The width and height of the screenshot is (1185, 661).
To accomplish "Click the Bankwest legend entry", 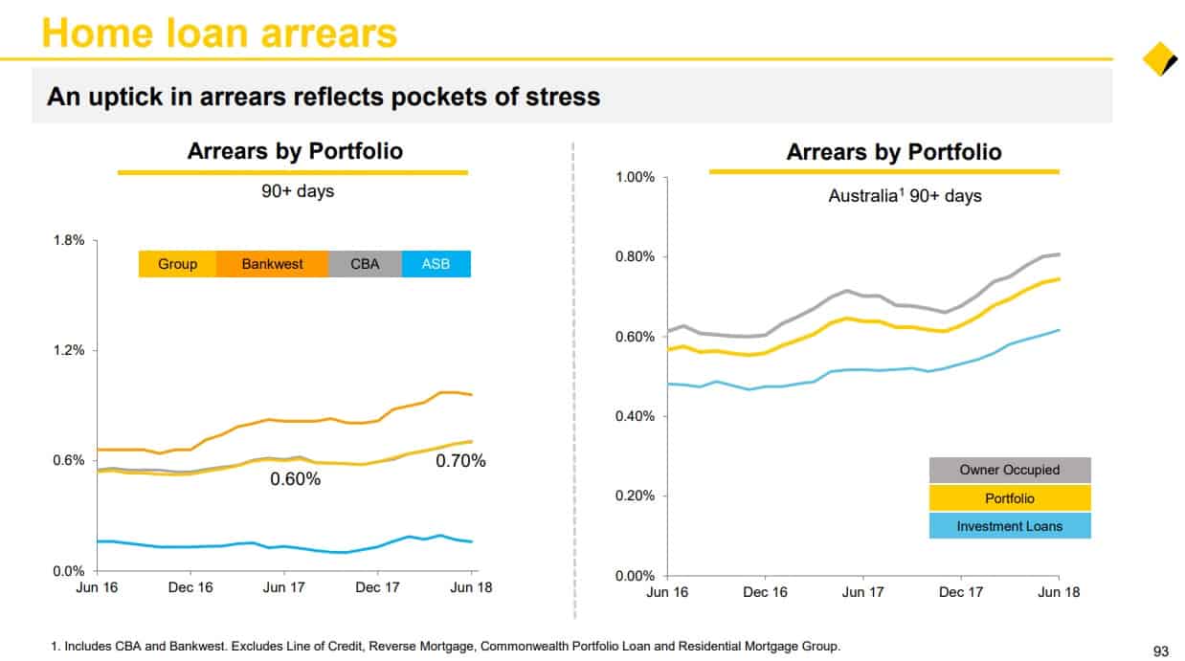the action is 273,264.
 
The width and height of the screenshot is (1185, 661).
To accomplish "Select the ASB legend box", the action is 436,264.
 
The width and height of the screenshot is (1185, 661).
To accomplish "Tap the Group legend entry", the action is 177,264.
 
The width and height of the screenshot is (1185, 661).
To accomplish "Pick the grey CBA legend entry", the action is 365,264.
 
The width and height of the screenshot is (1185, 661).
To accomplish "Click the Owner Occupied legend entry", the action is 1010,470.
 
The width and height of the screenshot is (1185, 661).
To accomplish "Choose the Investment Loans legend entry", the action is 1010,526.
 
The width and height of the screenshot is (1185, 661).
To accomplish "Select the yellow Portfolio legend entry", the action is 1010,498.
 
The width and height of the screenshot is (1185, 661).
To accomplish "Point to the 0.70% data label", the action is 460,461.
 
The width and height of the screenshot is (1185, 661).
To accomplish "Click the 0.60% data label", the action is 295,479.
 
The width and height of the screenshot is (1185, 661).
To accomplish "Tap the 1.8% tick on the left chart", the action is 69,241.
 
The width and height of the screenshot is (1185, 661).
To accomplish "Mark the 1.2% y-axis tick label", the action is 69,350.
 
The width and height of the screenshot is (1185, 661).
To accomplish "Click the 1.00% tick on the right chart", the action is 635,177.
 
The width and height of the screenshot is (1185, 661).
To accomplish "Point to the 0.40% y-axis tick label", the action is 635,417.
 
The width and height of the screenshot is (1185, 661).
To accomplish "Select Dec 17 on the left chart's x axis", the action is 377,587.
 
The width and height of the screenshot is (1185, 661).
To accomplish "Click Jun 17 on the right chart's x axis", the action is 862,592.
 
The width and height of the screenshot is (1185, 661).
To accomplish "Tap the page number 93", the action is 1161,651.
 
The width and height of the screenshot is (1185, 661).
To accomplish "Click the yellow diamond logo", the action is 1159,58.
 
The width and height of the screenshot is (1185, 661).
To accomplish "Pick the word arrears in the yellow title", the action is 328,34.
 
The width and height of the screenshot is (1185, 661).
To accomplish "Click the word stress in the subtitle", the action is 563,98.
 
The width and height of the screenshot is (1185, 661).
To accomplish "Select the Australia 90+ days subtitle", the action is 905,196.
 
